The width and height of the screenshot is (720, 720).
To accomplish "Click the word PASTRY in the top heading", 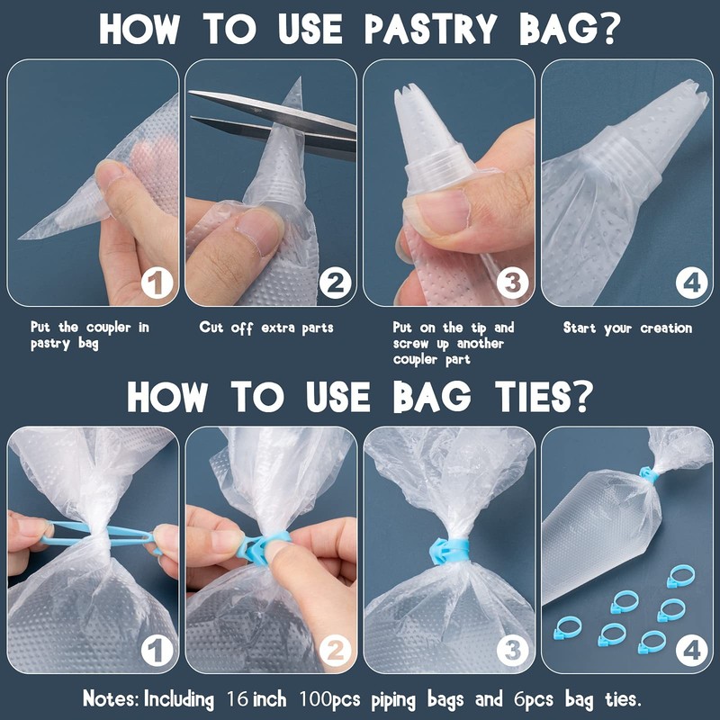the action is coord(430,29).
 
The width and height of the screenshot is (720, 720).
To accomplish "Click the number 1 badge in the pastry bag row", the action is coord(157,283).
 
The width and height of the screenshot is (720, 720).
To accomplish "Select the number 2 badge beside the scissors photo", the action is coord(335,283).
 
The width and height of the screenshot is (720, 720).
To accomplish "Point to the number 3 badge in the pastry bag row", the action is coord(512,283).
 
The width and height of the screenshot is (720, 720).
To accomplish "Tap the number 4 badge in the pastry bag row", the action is coord(691,283).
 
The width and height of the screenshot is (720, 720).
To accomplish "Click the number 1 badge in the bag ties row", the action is coord(157,651).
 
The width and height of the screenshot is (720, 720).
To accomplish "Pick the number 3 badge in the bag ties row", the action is coord(512,651).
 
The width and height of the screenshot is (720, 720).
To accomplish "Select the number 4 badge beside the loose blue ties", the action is coord(691,651).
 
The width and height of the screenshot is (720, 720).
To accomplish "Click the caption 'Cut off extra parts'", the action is coord(266,328).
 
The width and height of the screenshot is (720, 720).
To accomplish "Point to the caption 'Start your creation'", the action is coord(627,328).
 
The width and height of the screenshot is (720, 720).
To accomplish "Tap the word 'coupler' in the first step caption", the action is coord(109,328).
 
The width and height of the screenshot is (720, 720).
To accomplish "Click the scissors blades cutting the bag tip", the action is coord(274,121).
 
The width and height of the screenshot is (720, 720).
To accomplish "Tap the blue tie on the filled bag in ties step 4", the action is coord(647,474).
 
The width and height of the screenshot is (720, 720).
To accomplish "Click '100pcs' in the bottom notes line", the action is coord(329,700).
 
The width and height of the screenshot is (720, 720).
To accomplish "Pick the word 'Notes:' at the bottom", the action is coord(111,699).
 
